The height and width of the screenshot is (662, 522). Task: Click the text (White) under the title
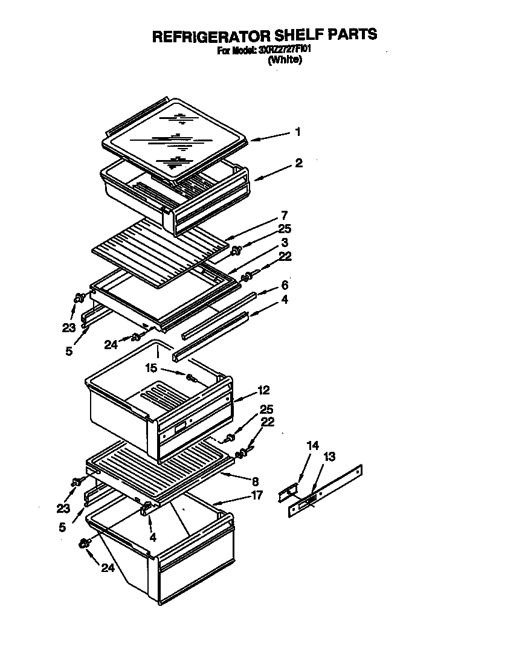coord(285,60)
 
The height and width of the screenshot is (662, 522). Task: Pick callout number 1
coord(297,132)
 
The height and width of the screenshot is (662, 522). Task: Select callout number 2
coord(299,163)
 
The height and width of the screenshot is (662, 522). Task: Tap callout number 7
coord(284,214)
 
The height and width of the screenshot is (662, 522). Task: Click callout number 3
coord(283,243)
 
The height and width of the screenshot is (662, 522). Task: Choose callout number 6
coord(284,285)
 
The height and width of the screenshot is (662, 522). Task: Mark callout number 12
coord(263,390)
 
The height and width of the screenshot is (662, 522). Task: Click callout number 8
coord(256,481)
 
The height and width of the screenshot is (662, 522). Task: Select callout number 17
coord(257,495)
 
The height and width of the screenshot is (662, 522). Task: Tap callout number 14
coord(312,446)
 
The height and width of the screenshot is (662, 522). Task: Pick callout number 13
coord(330,457)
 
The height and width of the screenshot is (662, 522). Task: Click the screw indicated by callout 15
coord(192,378)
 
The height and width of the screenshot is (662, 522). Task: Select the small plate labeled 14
coord(288,493)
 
